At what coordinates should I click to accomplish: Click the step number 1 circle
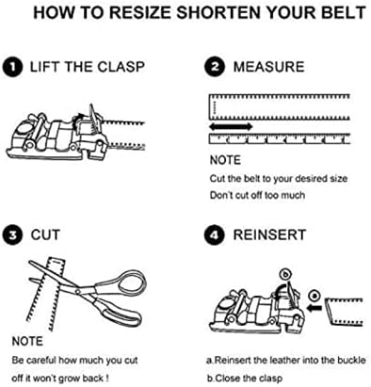click(12, 68)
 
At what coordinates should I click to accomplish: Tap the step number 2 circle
click(215, 67)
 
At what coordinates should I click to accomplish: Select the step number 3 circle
click(12, 235)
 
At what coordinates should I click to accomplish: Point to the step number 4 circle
click(215, 235)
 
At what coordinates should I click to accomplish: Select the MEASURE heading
click(269, 67)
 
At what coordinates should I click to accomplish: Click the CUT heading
click(45, 235)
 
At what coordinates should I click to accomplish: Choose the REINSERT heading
click(269, 235)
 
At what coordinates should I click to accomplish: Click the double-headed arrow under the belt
click(231, 127)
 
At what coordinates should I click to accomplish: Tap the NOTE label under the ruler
click(225, 160)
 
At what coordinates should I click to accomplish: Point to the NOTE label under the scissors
click(27, 341)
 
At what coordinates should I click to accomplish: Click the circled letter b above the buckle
click(285, 275)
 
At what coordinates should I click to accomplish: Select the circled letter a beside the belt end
click(315, 296)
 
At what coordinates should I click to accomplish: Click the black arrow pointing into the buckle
click(314, 309)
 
